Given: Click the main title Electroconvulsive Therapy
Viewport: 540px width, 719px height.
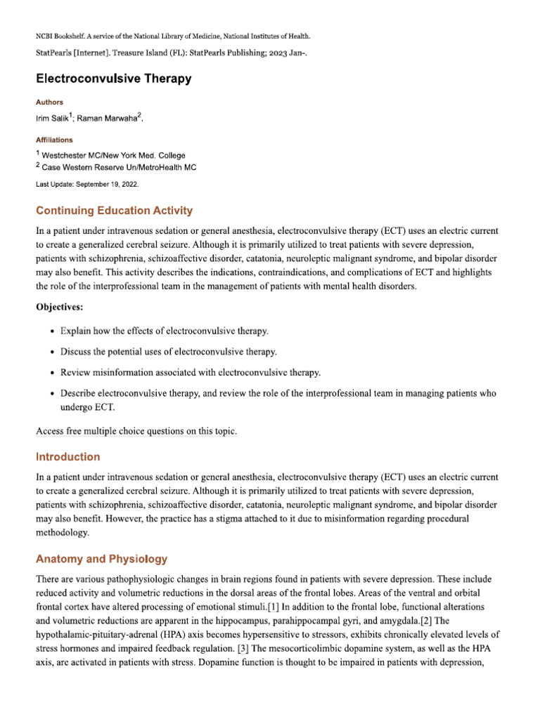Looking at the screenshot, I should (113, 79).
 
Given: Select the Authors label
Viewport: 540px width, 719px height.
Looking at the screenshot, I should (49, 102).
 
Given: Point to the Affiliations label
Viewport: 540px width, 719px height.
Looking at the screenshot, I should (54, 140).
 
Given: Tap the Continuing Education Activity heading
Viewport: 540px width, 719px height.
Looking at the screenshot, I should (114, 211).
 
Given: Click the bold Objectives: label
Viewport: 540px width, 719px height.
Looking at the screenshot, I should (62, 306).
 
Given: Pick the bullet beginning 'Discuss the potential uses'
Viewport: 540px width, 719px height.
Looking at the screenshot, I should (168, 351).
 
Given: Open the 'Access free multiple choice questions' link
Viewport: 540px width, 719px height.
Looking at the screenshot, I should (136, 432).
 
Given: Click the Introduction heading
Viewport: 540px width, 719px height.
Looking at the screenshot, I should (68, 456).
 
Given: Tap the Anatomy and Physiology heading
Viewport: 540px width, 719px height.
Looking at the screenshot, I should (101, 559).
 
